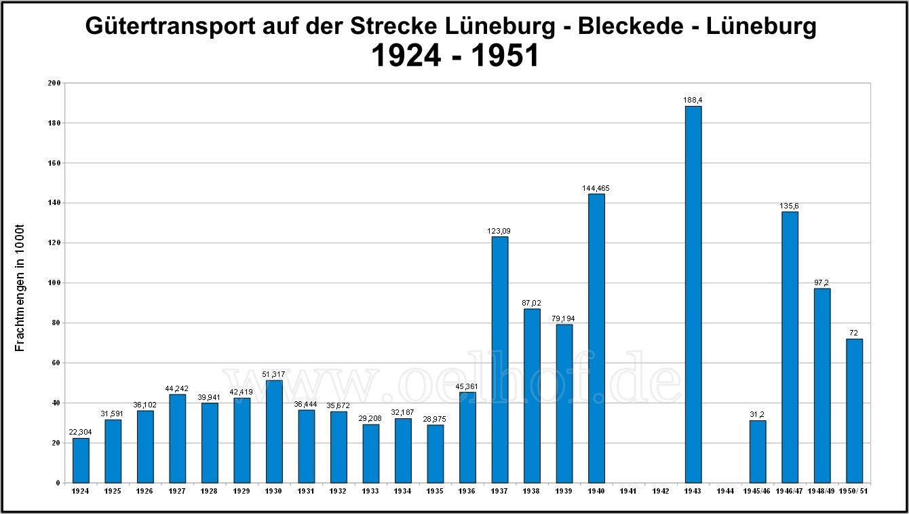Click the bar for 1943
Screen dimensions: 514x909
(x=693, y=294)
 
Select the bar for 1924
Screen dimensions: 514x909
(x=81, y=460)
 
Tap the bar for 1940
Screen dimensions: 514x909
(x=596, y=338)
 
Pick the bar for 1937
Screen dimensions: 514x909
(x=499, y=359)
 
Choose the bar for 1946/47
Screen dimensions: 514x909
(x=790, y=347)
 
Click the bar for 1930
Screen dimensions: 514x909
(x=274, y=431)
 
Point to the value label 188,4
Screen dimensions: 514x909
(x=693, y=100)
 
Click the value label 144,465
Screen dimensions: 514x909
(x=596, y=188)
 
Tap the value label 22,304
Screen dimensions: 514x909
(x=81, y=433)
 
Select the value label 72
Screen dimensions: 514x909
(x=854, y=333)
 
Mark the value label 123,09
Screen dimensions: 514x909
(x=499, y=231)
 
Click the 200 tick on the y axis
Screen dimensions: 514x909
(x=54, y=83)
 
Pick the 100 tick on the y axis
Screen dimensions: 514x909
(x=54, y=283)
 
